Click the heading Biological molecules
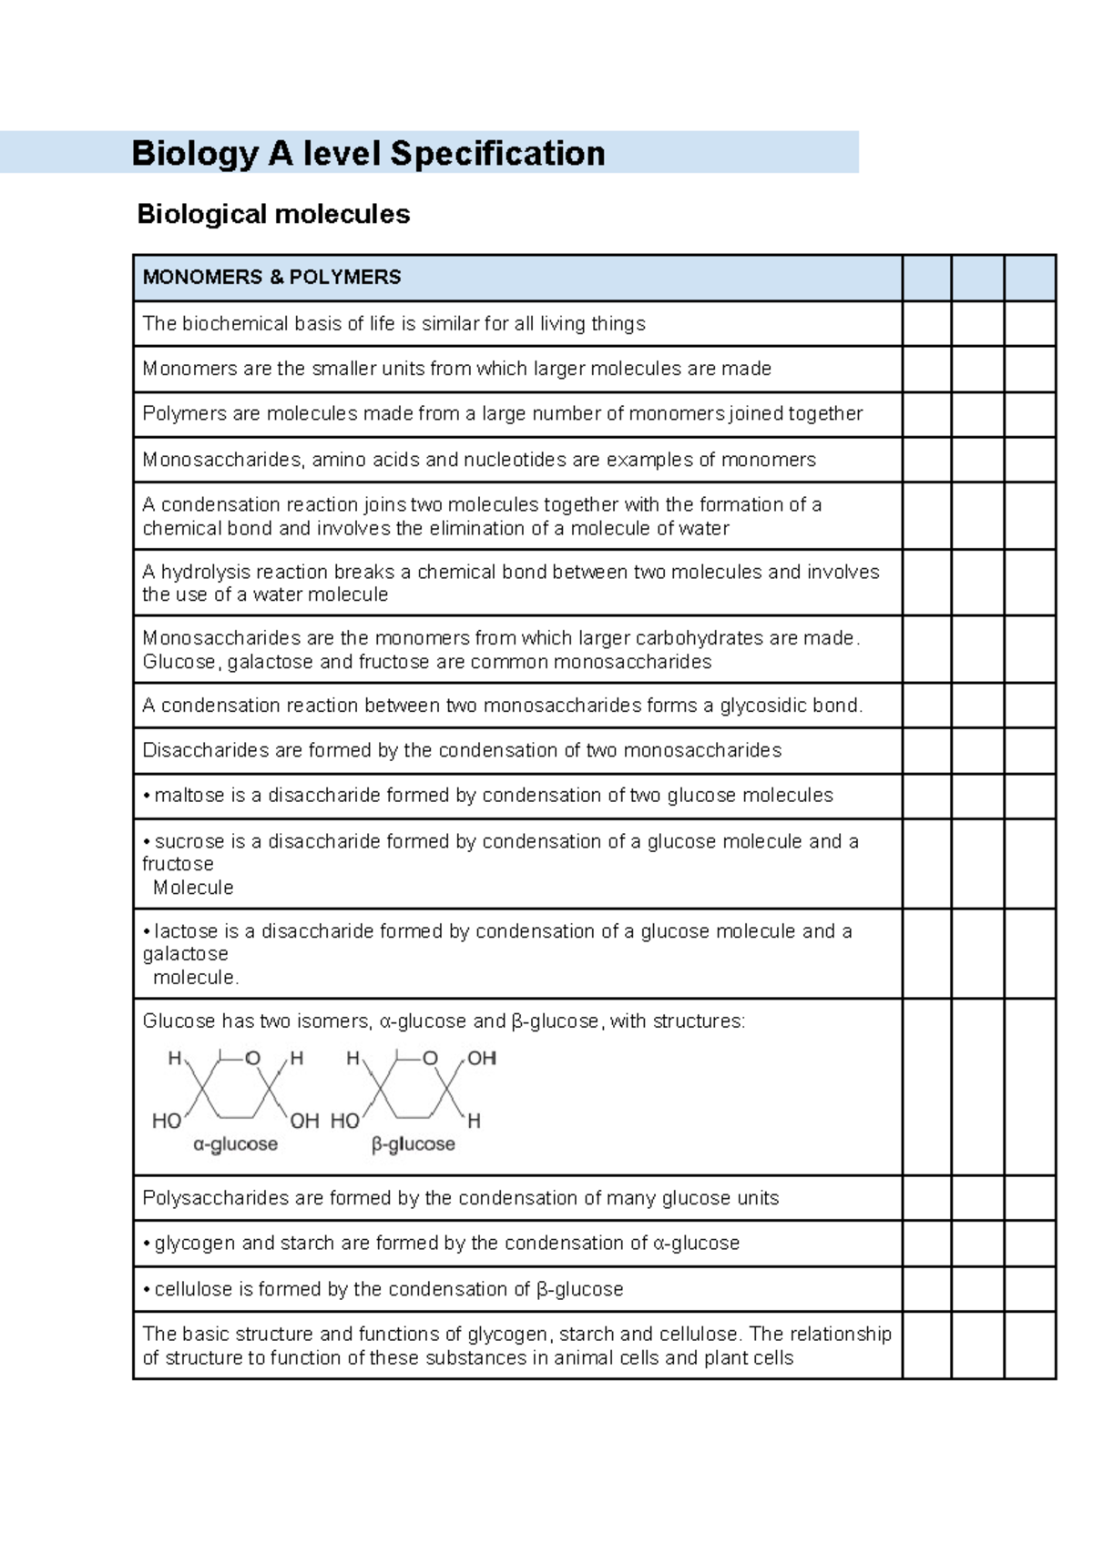(273, 215)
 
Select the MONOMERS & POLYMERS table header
(271, 278)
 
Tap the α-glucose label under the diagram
(235, 1144)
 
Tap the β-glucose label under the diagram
(413, 1144)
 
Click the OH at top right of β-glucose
(482, 1058)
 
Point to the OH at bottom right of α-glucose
(304, 1121)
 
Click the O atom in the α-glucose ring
(253, 1058)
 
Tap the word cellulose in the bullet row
(194, 1289)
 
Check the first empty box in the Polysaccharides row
(926, 1198)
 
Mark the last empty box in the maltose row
(1029, 796)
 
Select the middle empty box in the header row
(977, 278)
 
